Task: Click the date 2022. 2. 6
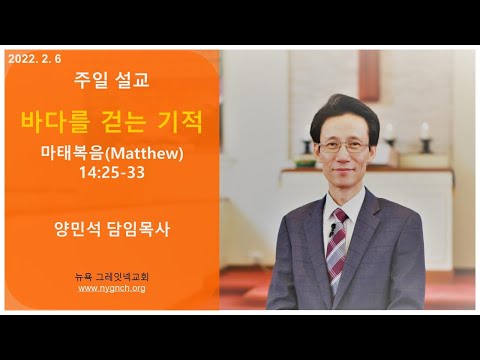click(x=35, y=59)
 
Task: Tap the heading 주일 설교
click(x=112, y=80)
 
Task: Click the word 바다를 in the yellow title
click(x=56, y=122)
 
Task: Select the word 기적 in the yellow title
click(x=180, y=122)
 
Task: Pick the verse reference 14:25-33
click(x=112, y=172)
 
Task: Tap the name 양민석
click(x=77, y=229)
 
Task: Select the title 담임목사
click(x=139, y=229)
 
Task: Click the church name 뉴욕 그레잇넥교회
click(x=112, y=276)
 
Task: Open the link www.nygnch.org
click(x=112, y=288)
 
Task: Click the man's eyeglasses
click(x=344, y=147)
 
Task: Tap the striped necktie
click(x=337, y=250)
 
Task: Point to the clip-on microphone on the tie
click(x=332, y=229)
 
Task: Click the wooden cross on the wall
click(x=369, y=75)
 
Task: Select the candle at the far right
click(x=425, y=137)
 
